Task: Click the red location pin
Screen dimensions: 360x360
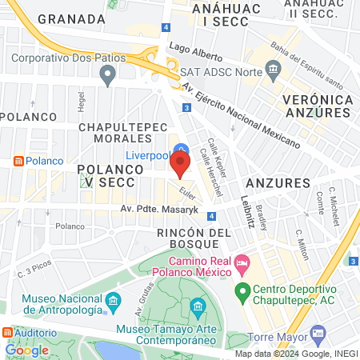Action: pyautogui.click(x=180, y=165)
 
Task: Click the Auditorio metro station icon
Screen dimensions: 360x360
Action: pyautogui.click(x=7, y=332)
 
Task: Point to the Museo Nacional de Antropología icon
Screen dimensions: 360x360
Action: pyautogui.click(x=113, y=301)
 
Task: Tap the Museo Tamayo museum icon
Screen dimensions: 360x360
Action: pyautogui.click(x=198, y=306)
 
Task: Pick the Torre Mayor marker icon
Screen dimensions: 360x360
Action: pyautogui.click(x=318, y=332)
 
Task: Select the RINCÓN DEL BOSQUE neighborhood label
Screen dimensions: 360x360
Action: pyautogui.click(x=188, y=238)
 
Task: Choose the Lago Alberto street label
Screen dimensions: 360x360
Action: pyautogui.click(x=196, y=50)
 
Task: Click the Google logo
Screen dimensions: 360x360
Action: pyautogui.click(x=26, y=350)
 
